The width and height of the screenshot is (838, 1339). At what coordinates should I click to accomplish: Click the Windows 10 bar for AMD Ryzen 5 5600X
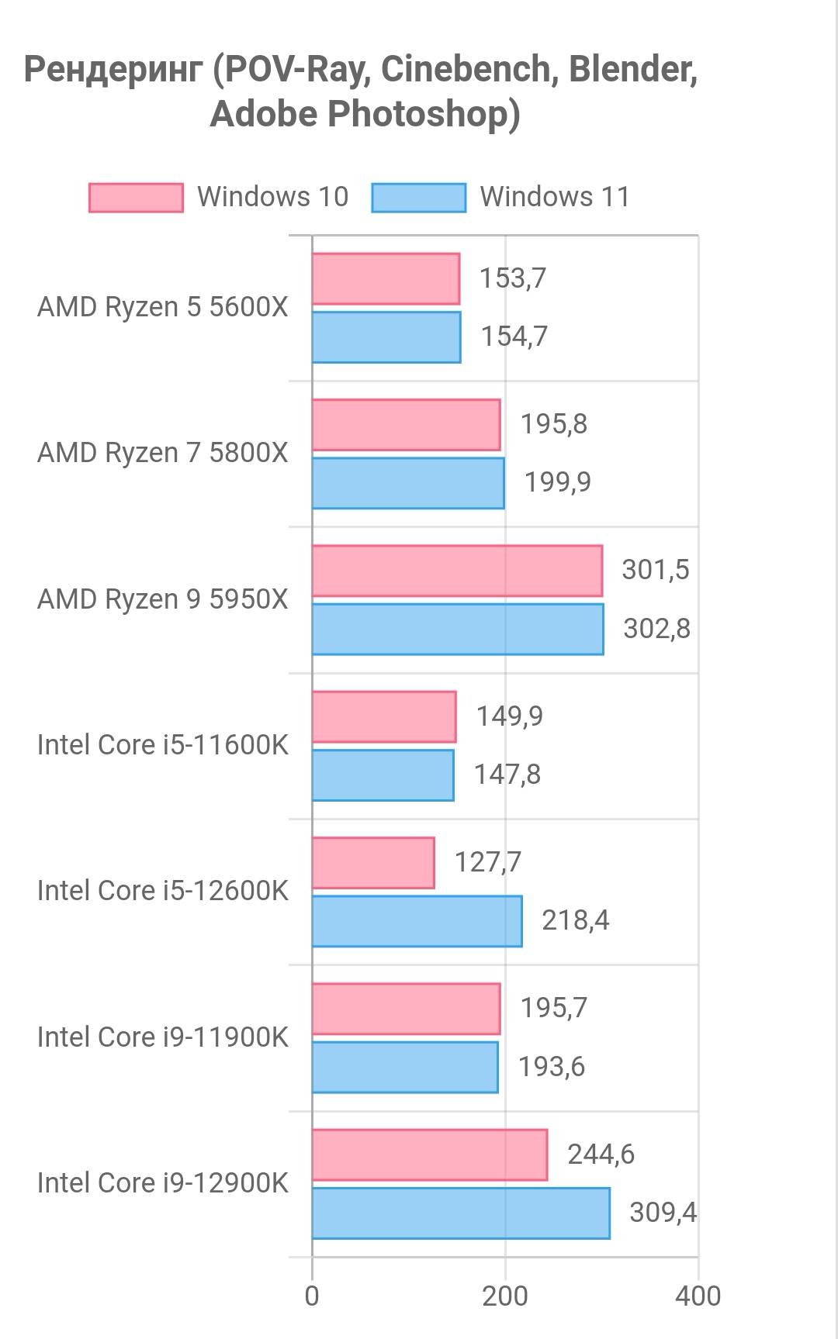click(x=386, y=279)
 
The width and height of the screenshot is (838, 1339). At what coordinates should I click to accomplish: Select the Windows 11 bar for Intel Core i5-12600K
click(x=417, y=921)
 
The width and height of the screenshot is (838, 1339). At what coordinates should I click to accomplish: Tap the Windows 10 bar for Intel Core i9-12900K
click(x=429, y=1154)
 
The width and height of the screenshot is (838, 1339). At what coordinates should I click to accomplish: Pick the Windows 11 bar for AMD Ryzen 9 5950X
click(x=457, y=629)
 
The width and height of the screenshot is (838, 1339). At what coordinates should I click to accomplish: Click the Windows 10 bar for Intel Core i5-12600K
click(x=373, y=863)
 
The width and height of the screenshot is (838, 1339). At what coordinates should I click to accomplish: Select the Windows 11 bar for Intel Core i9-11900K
click(x=405, y=1067)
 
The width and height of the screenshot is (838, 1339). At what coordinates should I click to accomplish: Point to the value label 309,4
click(x=663, y=1212)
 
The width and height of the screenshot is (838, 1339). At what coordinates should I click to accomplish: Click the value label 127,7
click(x=487, y=862)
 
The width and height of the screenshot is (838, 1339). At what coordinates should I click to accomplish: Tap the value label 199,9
click(x=557, y=482)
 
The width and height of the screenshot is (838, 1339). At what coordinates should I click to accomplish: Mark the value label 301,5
click(x=655, y=570)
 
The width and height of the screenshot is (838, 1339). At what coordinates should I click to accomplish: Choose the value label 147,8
click(x=507, y=775)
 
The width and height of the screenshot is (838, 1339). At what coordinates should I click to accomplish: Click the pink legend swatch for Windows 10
click(x=136, y=198)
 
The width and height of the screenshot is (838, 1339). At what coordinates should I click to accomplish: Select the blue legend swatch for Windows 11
click(x=418, y=198)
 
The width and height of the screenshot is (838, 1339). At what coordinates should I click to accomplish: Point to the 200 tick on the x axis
click(x=505, y=1296)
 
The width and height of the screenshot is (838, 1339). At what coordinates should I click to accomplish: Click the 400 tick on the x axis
click(x=698, y=1296)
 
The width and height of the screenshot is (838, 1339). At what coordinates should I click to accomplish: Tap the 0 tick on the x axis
click(x=312, y=1296)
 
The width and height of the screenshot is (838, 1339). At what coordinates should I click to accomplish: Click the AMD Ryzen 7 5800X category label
click(x=162, y=453)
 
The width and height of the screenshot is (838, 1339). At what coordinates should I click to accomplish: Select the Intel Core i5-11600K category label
click(x=162, y=745)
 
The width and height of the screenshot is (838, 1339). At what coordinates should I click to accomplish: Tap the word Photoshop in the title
click(x=423, y=114)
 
